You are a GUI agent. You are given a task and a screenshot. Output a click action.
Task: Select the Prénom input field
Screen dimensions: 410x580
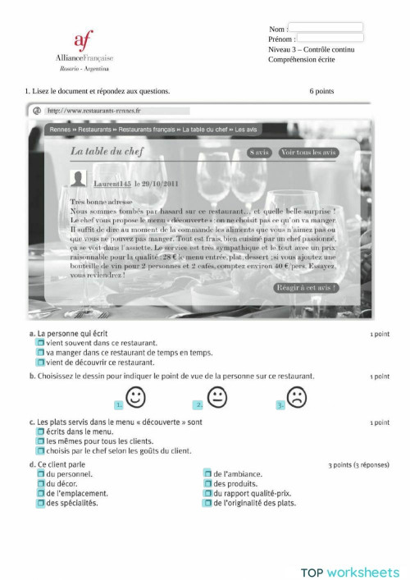click(330, 38)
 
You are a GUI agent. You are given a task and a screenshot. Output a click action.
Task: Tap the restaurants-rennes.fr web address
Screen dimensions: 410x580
click(93, 110)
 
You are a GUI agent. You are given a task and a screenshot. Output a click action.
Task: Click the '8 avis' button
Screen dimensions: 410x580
click(258, 153)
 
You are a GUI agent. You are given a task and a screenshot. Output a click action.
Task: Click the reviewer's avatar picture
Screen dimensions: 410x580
click(80, 180)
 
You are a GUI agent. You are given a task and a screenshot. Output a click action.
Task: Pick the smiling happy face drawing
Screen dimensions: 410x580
click(135, 398)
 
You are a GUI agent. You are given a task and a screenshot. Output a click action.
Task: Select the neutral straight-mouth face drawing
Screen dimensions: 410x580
click(216, 398)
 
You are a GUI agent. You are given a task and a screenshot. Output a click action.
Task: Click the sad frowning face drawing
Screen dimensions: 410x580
click(297, 398)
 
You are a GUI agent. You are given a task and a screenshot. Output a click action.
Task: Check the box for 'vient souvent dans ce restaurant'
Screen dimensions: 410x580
click(40, 343)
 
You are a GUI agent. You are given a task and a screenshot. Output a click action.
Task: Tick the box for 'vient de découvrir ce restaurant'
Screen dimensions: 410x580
click(40, 362)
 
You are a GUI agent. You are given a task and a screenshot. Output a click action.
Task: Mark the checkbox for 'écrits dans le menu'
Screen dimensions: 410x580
click(40, 431)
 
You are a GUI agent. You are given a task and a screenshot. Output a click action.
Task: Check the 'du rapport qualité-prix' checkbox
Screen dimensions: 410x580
click(207, 494)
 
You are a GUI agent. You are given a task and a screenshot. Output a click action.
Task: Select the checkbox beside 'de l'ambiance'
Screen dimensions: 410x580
click(207, 474)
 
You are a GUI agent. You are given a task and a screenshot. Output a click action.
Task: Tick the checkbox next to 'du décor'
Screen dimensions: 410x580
click(40, 484)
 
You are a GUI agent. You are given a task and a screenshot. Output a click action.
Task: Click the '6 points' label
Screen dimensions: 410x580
click(321, 91)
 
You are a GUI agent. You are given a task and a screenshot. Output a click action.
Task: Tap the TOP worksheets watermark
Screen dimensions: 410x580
click(349, 572)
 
